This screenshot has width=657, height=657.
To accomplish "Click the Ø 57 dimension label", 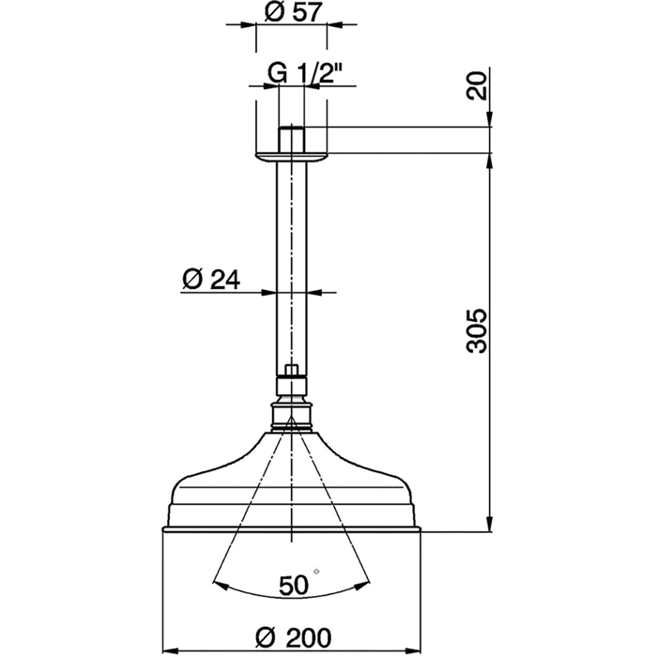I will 291,13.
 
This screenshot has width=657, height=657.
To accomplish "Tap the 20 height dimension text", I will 478,85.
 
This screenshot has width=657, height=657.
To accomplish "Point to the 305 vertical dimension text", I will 478,329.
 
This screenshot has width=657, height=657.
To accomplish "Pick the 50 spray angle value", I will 293,587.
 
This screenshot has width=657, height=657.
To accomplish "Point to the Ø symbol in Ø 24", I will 191,279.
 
